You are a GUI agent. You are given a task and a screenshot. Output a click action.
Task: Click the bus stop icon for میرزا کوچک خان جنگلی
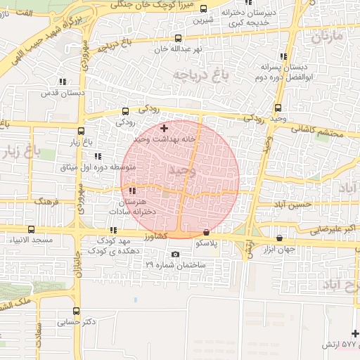click(204, 9)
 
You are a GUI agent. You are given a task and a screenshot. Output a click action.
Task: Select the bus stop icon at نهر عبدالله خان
click(178, 39)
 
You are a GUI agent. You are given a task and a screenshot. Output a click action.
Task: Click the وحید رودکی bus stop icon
click(278, 108)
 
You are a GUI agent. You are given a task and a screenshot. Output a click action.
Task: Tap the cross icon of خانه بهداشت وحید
click(165, 128)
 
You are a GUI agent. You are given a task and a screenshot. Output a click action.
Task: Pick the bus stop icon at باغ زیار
click(81, 131)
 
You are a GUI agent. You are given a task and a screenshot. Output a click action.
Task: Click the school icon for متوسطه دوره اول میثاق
click(98, 156)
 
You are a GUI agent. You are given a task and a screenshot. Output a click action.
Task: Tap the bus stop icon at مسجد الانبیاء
click(31, 229)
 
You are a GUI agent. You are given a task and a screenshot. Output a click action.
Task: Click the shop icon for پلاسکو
click(206, 232)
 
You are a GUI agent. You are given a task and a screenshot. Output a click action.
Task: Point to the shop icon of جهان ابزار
click(281, 238)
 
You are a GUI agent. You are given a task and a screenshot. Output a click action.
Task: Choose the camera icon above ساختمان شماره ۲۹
click(175, 254)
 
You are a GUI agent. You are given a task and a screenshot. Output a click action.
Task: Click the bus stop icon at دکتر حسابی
click(76, 311)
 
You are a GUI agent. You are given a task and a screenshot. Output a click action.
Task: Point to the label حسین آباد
click(292, 204)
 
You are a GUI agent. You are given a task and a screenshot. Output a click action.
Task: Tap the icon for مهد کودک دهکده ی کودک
click(112, 230)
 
